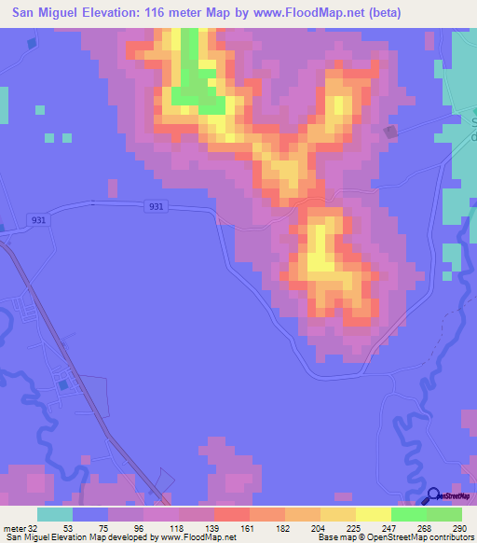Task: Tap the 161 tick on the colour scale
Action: coord(249,527)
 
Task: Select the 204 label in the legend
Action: coord(320,527)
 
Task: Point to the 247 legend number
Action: coord(389,527)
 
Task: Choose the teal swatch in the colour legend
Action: coord(55,514)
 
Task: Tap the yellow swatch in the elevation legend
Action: coord(373,514)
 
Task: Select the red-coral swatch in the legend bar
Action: coord(231,514)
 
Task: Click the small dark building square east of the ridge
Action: coord(390,132)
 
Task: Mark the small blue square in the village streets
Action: coord(63,383)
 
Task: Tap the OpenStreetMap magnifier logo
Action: coord(434,496)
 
